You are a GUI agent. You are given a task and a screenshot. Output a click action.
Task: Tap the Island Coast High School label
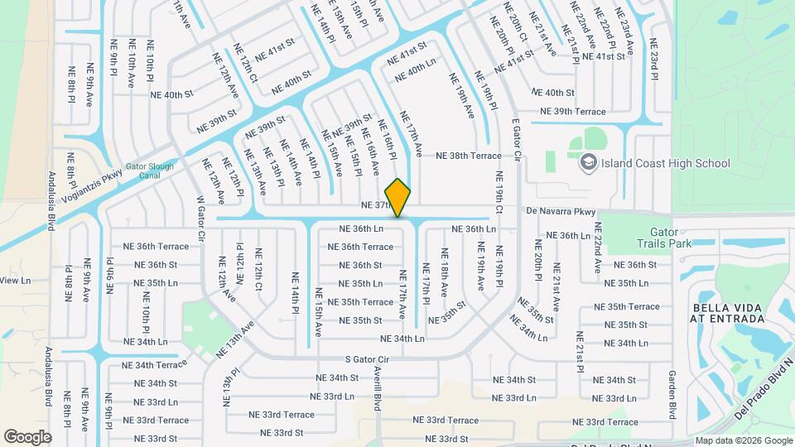point(666,163)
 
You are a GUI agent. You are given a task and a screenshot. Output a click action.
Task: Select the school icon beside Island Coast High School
point(589,162)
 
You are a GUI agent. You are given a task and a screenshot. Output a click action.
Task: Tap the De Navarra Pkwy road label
point(561,212)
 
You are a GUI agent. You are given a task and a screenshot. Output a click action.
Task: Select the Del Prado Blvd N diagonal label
point(764,388)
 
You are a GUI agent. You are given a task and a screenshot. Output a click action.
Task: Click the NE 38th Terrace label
point(469,156)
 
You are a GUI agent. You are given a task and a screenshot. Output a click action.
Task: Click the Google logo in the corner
point(26,436)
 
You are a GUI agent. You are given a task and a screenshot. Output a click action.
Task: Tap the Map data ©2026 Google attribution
point(743,440)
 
